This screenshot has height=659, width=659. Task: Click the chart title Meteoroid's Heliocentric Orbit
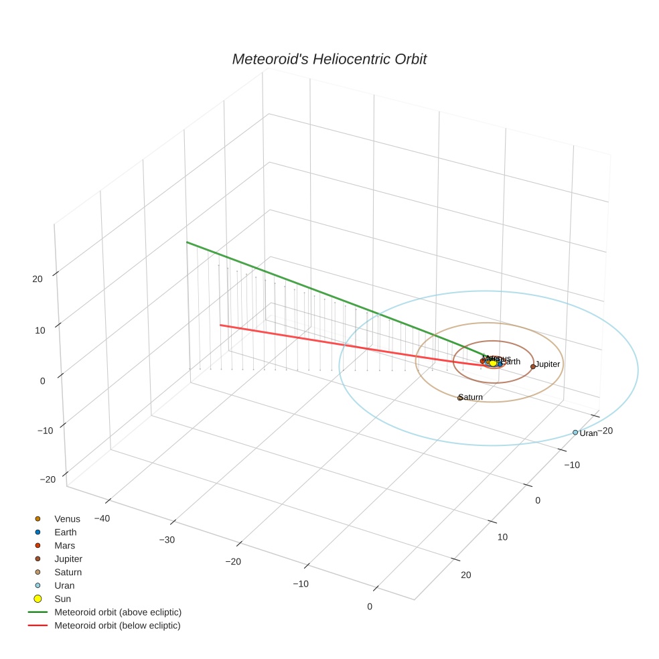pos(329,59)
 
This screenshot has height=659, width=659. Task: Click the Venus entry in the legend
pos(67,519)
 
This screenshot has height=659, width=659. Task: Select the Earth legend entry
pos(66,532)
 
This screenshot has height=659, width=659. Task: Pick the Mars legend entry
pos(65,546)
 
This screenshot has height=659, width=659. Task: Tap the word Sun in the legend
pos(62,599)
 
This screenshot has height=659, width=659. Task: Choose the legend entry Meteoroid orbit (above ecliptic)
pos(118,612)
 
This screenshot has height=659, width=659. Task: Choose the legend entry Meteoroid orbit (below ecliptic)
pos(117,626)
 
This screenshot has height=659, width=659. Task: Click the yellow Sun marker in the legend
pos(38,599)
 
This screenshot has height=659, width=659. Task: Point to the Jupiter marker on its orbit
pos(533,366)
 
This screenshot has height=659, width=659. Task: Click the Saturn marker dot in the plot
pos(460,398)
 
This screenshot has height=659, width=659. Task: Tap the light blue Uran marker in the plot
pos(575,433)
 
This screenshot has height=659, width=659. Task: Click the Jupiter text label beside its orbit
pos(548,364)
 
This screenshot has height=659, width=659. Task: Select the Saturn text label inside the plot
pos(471,397)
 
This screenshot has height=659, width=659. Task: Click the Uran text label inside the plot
pos(589,433)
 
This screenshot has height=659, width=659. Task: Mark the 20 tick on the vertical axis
pos(38,279)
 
